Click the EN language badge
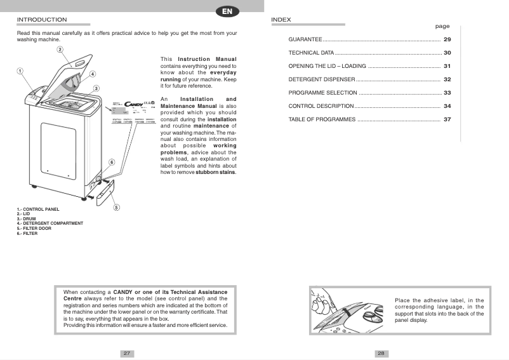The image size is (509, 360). (x=227, y=11)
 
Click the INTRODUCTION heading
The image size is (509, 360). (x=42, y=20)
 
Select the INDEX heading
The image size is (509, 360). (x=281, y=20)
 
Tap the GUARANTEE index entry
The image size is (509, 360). (x=305, y=40)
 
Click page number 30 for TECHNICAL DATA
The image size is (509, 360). (x=447, y=53)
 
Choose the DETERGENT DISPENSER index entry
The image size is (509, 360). (x=321, y=80)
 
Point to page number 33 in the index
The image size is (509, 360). (x=447, y=93)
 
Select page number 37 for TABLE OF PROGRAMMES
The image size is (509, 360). (x=447, y=119)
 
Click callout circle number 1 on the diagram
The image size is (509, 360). (x=20, y=71)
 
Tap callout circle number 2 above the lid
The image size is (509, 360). (x=60, y=49)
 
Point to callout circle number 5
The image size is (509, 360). (x=117, y=207)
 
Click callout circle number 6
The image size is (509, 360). (x=112, y=163)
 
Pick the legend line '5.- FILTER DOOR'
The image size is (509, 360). (x=34, y=228)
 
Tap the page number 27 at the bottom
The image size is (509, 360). (x=127, y=353)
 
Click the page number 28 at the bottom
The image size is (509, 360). (x=381, y=353)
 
